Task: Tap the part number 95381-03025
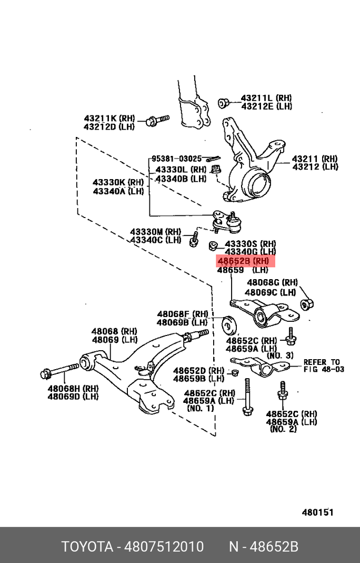point(177,159)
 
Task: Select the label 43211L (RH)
point(266,98)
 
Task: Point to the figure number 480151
point(317,512)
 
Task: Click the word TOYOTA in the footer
point(87,547)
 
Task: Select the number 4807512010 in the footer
point(164,547)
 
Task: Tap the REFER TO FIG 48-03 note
point(323,366)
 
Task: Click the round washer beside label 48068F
point(229,324)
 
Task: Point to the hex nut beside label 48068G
point(307,304)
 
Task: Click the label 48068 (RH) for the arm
point(114,331)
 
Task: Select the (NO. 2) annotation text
point(283,429)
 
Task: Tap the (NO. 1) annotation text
point(201,409)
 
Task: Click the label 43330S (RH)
point(250,244)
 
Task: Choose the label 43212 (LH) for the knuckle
point(315,167)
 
